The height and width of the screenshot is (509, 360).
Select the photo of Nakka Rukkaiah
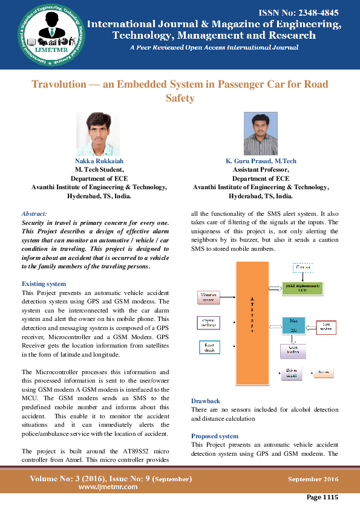(x=97, y=134)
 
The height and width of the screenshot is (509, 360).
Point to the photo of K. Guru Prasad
(x=260, y=134)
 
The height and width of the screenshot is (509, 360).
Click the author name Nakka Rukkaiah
(x=99, y=161)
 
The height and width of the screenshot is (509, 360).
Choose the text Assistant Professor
(x=260, y=170)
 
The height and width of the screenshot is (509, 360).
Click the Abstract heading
(x=34, y=213)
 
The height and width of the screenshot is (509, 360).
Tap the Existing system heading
(x=44, y=284)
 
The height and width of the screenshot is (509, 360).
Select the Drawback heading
(x=206, y=401)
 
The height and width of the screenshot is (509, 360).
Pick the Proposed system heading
(x=214, y=436)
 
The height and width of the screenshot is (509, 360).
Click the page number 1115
(x=322, y=498)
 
